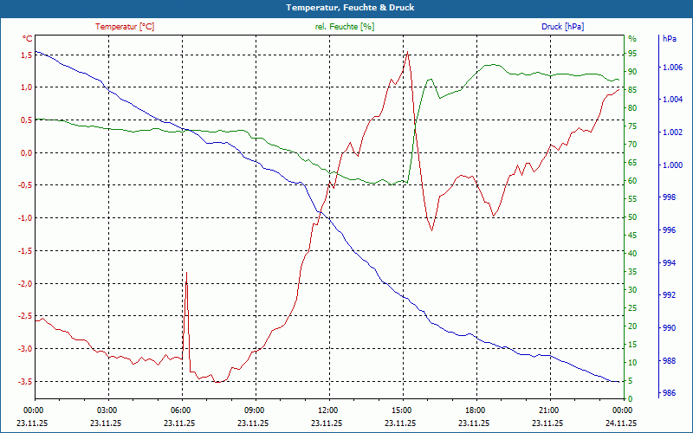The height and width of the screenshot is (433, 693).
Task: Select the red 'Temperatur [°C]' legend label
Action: point(125,27)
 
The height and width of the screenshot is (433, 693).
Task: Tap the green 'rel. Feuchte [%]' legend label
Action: point(345,27)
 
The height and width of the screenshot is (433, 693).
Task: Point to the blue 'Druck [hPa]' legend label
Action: point(562,27)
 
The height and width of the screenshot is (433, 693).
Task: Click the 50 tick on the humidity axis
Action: point(633,217)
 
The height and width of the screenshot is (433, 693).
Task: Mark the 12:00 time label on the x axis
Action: point(327,410)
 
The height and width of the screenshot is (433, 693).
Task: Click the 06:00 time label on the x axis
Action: point(180,410)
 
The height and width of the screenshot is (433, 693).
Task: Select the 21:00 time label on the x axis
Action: point(548,410)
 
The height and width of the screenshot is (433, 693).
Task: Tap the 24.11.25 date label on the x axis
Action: point(622,423)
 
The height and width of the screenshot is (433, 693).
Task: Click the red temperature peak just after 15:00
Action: point(407,52)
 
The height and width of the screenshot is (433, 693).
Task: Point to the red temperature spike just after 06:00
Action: point(186,272)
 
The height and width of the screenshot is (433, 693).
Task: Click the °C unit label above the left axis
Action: point(28,39)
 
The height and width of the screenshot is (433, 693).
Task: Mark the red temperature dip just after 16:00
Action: point(431,230)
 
